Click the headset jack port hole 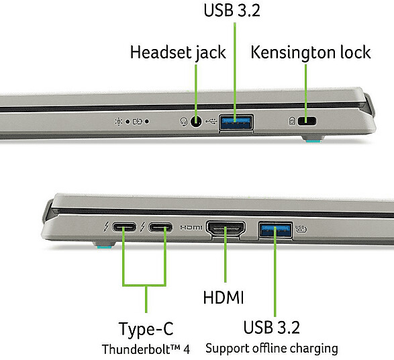click(196, 122)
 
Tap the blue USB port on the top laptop click(236, 122)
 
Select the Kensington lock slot click(307, 121)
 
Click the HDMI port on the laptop click(226, 228)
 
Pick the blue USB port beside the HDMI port click(275, 230)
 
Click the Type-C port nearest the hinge click(124, 227)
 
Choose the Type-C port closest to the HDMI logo click(160, 228)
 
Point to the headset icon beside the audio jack click(184, 122)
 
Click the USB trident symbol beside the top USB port click(211, 122)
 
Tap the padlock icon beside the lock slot click(292, 121)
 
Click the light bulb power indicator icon click(118, 122)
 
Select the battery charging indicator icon click(137, 122)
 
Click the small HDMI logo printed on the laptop click(191, 228)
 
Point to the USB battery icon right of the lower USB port click(301, 229)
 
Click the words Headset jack click(178, 52)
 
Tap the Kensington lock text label click(311, 52)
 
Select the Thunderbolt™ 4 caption click(146, 349)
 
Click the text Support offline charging click(272, 349)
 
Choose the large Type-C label click(146, 329)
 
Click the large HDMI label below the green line click(224, 298)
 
